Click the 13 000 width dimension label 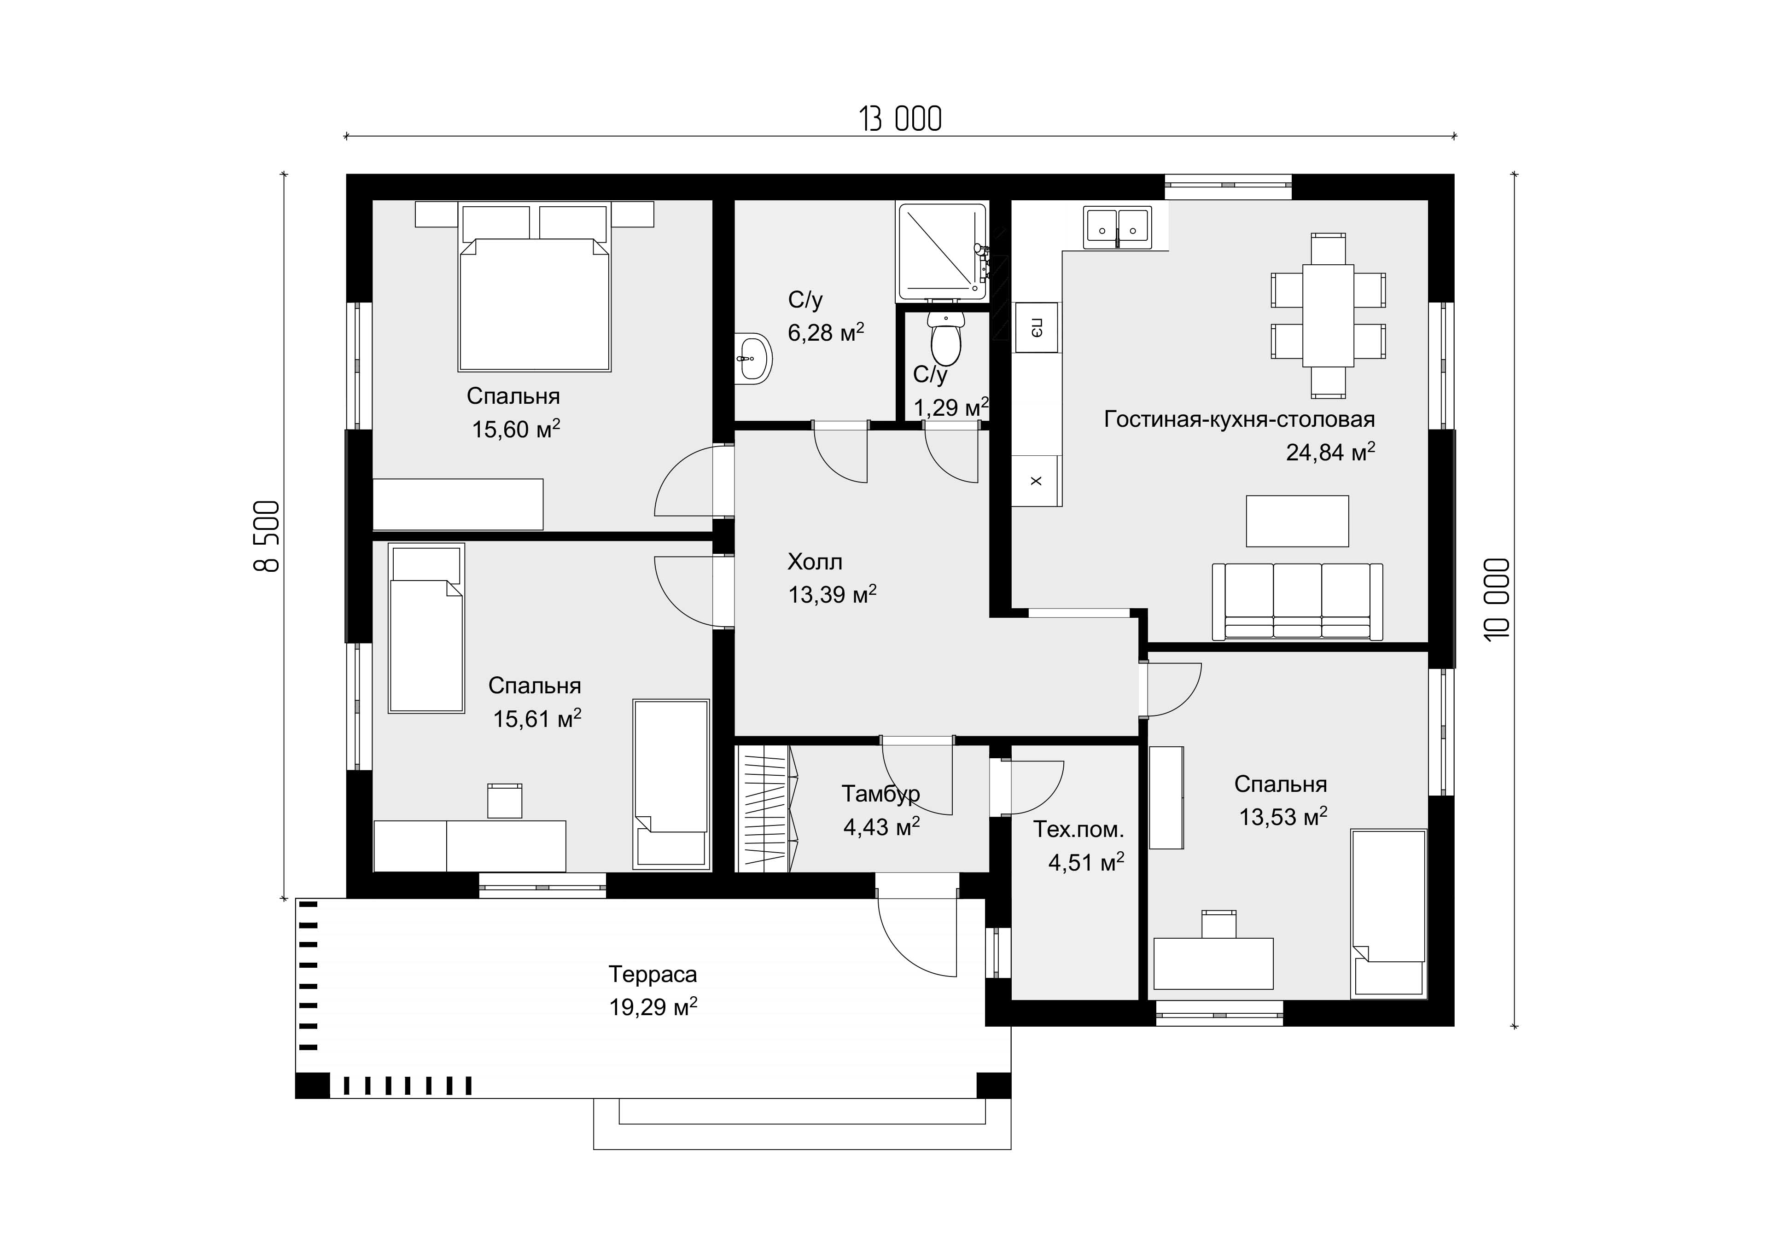point(900,120)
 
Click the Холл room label point(815,562)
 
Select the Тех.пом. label point(1078,830)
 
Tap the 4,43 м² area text point(881,827)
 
